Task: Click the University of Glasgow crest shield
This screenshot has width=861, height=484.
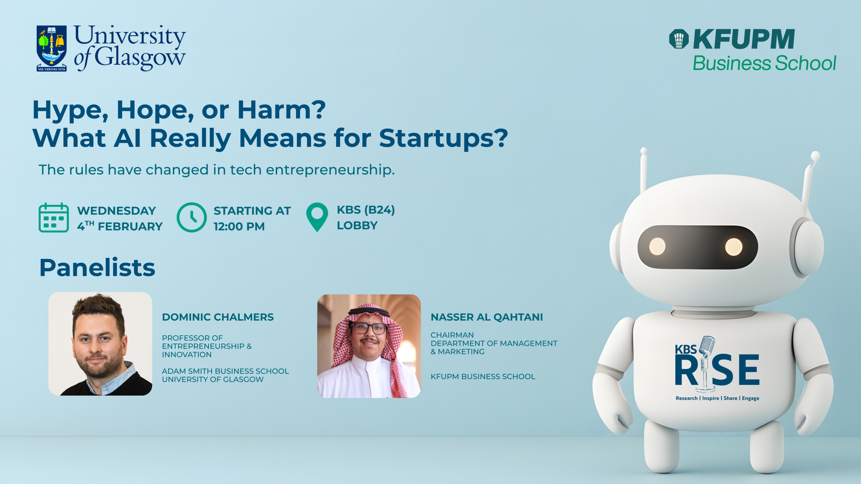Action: pos(51,48)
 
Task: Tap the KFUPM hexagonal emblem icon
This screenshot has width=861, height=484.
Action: pos(679,39)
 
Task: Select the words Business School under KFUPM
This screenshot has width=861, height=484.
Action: pos(764,63)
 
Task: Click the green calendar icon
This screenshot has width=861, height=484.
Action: pos(54,217)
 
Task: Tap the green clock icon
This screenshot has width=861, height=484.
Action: pos(192,217)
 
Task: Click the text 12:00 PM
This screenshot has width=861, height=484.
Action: pos(239,227)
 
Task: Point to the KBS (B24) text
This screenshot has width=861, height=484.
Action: pos(366,210)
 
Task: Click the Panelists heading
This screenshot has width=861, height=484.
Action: pos(97,268)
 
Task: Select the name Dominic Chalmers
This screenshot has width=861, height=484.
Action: pos(218,317)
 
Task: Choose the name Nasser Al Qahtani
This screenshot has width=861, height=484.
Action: pos(487,317)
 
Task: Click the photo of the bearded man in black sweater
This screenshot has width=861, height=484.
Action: pos(100,344)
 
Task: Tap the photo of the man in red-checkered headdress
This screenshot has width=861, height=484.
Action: pos(369,346)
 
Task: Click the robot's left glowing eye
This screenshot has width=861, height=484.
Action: pos(657,246)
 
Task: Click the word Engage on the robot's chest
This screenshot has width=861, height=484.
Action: pos(751,398)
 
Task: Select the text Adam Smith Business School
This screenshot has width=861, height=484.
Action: pos(225,371)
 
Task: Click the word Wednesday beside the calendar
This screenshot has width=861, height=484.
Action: pos(116,211)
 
